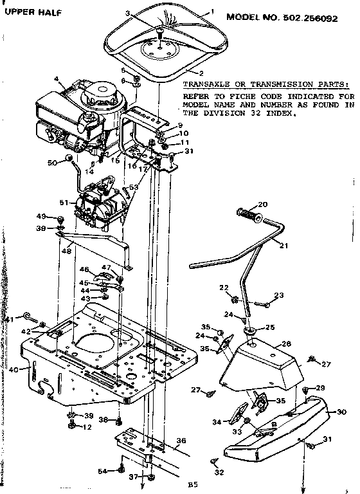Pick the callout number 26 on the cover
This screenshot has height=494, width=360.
coord(286,344)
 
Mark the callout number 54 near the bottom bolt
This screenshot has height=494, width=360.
coord(102,471)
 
